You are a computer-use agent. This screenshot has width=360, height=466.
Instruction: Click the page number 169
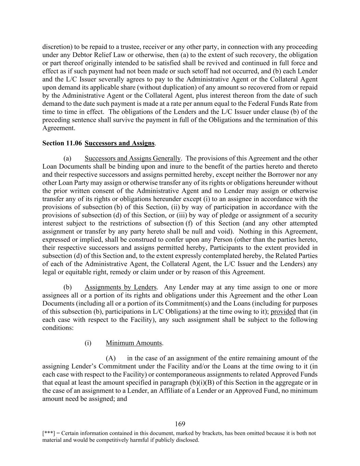180,424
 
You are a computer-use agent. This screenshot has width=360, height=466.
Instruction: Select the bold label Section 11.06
62,143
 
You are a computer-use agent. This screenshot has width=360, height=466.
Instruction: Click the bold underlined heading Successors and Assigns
119,143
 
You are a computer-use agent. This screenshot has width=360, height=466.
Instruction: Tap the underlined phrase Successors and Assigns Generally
132,158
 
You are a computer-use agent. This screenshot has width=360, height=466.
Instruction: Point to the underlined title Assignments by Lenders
121,287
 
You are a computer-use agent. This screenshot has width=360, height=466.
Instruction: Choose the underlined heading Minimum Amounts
134,343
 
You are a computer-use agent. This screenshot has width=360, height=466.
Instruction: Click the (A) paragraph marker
111,358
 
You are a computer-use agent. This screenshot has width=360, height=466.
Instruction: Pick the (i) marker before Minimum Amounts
88,343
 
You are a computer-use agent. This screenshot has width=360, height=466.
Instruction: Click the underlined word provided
283,312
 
